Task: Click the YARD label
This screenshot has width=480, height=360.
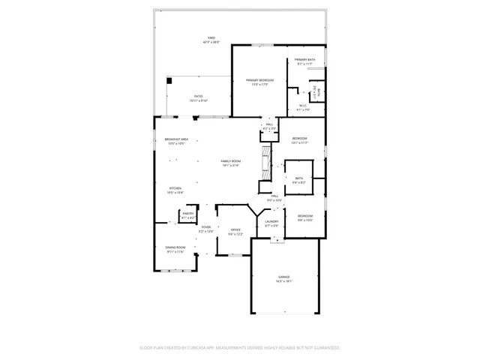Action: pyautogui.click(x=211, y=40)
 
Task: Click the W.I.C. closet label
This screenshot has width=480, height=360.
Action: pyautogui.click(x=303, y=107)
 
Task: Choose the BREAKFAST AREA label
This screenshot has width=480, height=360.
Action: pyautogui.click(x=175, y=141)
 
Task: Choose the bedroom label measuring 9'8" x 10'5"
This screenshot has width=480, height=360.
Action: pyautogui.click(x=305, y=217)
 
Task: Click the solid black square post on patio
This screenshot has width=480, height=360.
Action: pyautogui.click(x=169, y=80)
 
